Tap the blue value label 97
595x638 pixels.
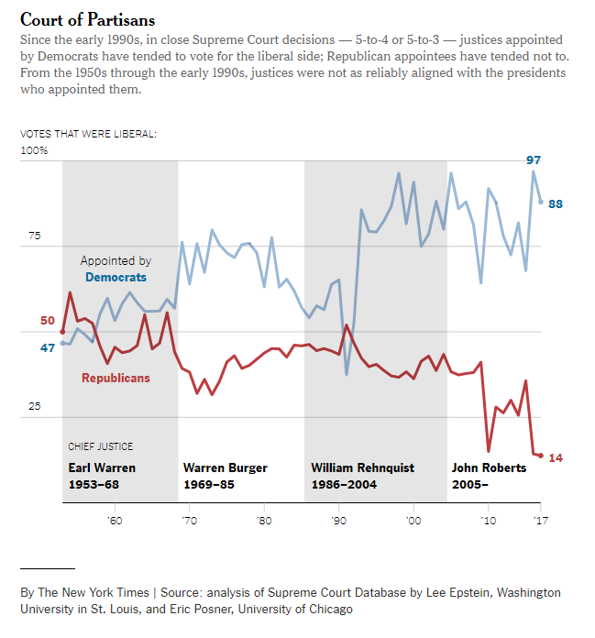(534, 160)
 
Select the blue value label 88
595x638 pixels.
(556, 203)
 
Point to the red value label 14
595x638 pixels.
(556, 457)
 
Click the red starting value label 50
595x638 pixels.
(48, 320)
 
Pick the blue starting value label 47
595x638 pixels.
(48, 347)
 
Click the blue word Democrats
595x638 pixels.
(116, 277)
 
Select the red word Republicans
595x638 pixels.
(116, 378)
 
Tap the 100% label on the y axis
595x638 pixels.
(34, 150)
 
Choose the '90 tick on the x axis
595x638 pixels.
(339, 521)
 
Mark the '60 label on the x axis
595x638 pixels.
(114, 521)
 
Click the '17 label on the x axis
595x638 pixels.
(540, 521)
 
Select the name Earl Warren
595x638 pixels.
(102, 467)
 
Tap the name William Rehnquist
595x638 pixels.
(362, 467)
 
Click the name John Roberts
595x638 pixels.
(489, 467)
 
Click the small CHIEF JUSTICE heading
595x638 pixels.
(101, 446)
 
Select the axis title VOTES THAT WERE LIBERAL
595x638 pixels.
(88, 134)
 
